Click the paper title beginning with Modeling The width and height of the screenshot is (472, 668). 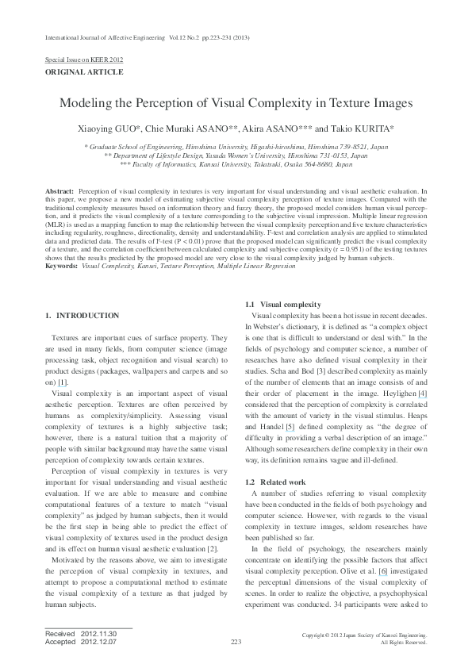(236, 104)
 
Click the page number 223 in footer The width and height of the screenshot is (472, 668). (236, 641)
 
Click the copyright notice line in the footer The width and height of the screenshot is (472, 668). (365, 635)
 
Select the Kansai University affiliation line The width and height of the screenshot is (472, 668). (236, 165)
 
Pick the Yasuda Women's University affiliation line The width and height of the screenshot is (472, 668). (236, 156)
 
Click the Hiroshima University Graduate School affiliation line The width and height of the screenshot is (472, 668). (236, 148)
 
